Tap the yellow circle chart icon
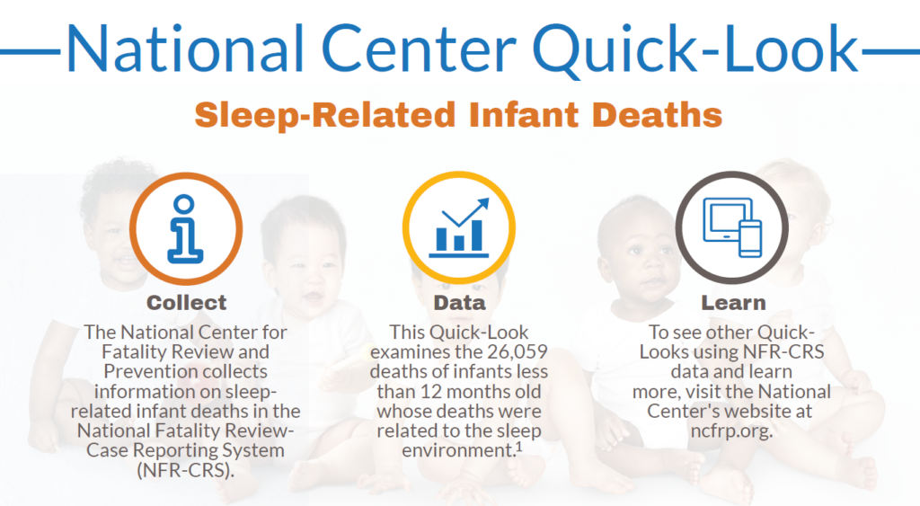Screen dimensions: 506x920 click(x=459, y=225)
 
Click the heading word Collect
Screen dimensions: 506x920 click(x=187, y=303)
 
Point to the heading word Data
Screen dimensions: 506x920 click(x=459, y=303)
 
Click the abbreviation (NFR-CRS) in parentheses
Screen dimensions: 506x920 click(x=187, y=469)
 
